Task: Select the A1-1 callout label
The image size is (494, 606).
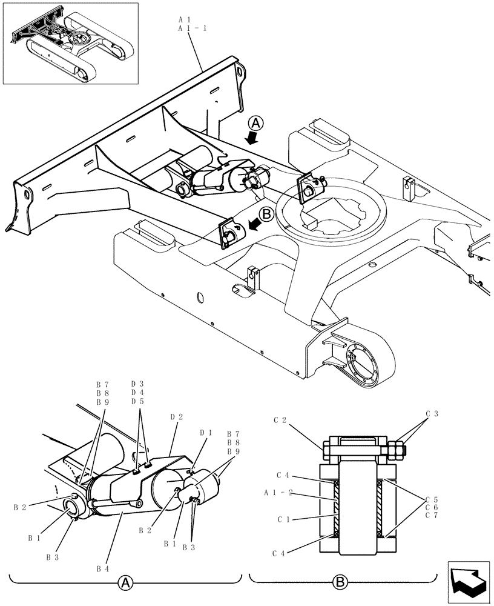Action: point(192,28)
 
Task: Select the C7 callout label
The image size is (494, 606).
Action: point(432,515)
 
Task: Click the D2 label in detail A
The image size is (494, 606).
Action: point(176,417)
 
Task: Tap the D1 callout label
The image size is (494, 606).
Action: point(206,432)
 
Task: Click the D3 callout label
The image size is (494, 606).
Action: point(137,384)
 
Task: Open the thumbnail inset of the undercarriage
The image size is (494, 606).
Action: point(70,43)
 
